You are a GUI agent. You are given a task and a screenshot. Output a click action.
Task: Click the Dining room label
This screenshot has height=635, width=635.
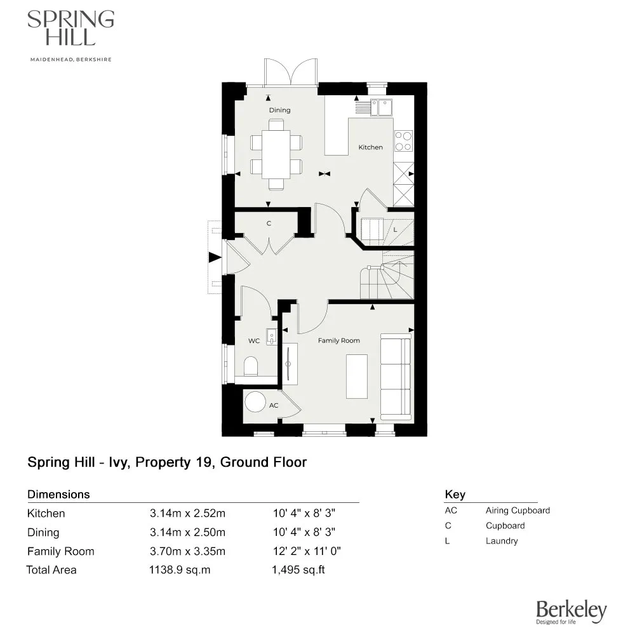pyautogui.click(x=279, y=110)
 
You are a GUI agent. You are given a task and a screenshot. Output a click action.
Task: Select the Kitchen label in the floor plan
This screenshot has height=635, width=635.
pyautogui.click(x=371, y=147)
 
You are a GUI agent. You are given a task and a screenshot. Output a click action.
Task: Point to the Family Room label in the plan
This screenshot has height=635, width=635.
pyautogui.click(x=338, y=341)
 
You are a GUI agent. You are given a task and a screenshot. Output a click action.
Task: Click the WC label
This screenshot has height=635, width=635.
pyautogui.click(x=254, y=341)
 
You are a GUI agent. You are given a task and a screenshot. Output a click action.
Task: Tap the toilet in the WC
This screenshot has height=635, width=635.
pyautogui.click(x=251, y=366)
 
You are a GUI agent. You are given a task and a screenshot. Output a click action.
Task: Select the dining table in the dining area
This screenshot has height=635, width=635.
pyautogui.click(x=276, y=156)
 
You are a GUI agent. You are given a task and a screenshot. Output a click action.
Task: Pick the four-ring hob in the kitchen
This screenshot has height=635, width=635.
pyautogui.click(x=403, y=141)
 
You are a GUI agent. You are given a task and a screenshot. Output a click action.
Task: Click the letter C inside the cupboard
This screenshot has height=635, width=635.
pyautogui.click(x=269, y=224)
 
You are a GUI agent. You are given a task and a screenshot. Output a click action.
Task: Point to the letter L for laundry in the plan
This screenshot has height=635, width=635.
pyautogui.click(x=395, y=229)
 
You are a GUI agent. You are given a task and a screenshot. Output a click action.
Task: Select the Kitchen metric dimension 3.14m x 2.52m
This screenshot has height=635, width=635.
pyautogui.click(x=187, y=514)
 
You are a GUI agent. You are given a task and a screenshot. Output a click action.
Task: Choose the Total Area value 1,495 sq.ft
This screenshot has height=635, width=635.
pyautogui.click(x=298, y=570)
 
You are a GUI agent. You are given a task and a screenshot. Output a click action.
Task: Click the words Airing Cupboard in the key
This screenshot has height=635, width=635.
pyautogui.click(x=518, y=511)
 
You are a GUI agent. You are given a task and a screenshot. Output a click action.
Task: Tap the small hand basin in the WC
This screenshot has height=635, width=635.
pyautogui.click(x=271, y=335)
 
